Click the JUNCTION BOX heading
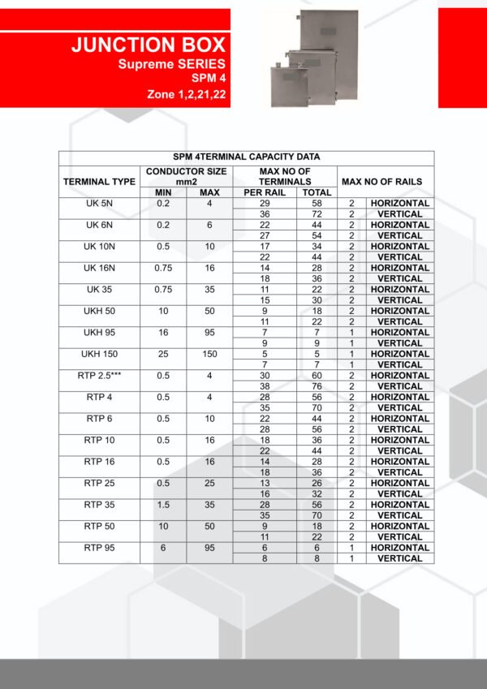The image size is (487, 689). (148, 45)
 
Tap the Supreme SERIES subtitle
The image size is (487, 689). (172, 63)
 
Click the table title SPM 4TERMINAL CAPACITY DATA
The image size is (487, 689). (246, 157)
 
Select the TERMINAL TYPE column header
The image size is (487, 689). (99, 182)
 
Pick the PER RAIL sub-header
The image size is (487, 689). (264, 192)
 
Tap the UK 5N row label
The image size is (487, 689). (99, 203)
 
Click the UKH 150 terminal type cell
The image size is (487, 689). (99, 354)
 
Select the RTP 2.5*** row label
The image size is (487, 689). (99, 376)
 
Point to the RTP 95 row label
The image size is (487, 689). (99, 548)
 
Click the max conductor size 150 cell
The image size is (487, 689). (209, 354)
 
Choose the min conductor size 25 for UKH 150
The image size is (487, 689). (162, 354)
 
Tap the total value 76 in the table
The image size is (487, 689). (316, 386)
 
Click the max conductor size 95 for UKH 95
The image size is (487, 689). (209, 333)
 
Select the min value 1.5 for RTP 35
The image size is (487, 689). (162, 505)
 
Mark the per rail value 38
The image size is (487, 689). (264, 386)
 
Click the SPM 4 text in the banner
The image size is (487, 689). (209, 79)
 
